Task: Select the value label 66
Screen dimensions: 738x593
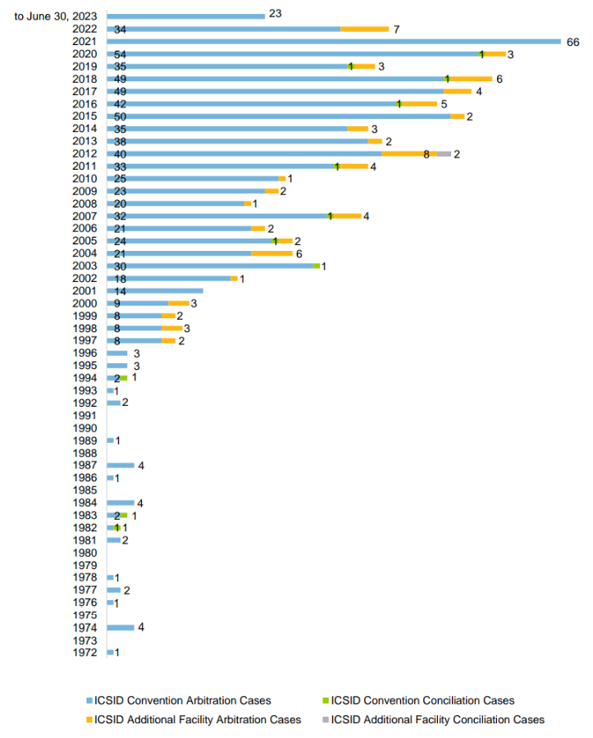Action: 573,41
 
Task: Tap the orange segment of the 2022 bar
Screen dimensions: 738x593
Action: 364,29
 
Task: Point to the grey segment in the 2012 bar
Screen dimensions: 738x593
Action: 444,153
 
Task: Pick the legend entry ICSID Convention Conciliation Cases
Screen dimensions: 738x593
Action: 422,700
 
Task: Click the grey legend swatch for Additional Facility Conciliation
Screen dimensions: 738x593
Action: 325,719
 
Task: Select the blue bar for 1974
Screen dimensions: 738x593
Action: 120,627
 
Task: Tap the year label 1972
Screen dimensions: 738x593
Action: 85,653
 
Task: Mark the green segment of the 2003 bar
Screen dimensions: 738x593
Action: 316,266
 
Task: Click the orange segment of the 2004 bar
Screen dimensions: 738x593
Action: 271,253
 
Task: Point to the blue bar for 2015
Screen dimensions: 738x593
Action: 279,116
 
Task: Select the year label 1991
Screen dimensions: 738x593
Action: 85,416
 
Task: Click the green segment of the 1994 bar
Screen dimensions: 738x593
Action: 124,378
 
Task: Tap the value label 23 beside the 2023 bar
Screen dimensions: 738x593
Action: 275,16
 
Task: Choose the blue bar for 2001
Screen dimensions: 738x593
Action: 154,291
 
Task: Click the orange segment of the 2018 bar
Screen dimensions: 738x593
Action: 471,79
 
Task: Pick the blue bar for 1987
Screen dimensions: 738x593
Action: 120,466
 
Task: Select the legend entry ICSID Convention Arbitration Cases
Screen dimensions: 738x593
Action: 182,700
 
